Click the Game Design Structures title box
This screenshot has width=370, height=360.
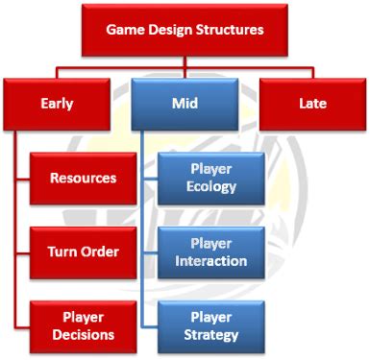185,30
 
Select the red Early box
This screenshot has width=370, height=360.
58,103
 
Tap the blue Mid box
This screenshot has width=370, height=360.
185,103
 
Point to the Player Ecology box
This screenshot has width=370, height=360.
211,177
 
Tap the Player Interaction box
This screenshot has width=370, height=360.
211,251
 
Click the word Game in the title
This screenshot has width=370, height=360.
127,30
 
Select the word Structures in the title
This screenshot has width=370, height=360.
229,30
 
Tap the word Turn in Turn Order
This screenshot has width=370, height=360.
62,251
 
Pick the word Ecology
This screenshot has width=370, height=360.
211,186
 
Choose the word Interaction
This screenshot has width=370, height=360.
211,260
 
